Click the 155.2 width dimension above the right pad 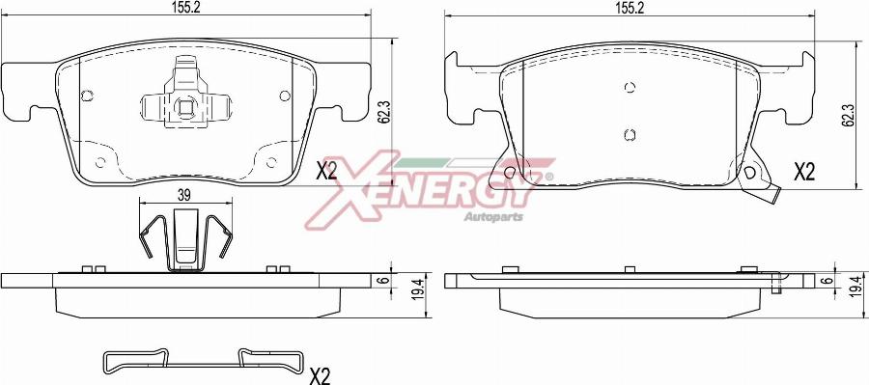click(x=629, y=8)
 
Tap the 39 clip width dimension click(x=184, y=194)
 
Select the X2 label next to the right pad click(x=804, y=173)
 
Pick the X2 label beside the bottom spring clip click(x=320, y=376)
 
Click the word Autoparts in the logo click(x=493, y=216)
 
